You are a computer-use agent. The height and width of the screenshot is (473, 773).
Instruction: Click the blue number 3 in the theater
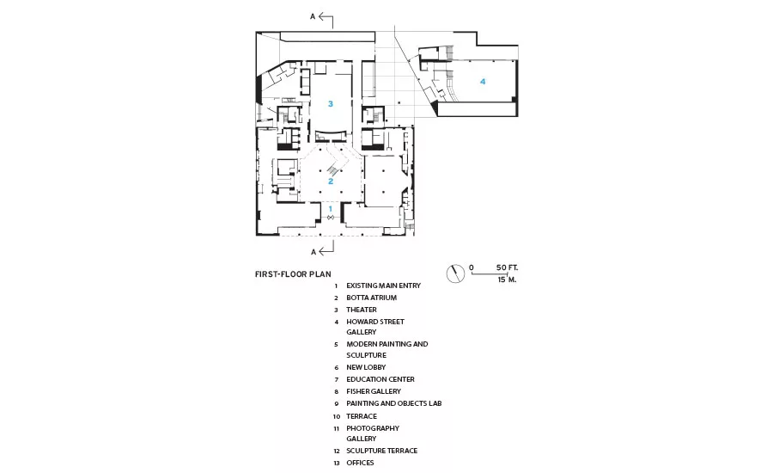tap(331, 104)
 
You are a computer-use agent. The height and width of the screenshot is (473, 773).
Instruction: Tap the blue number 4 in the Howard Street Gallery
tap(483, 82)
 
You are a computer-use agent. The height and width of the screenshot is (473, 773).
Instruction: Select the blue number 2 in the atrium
tap(331, 181)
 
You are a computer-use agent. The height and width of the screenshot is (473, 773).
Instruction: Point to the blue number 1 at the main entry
tap(331, 209)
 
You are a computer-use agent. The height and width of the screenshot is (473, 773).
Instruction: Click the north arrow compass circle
tap(455, 273)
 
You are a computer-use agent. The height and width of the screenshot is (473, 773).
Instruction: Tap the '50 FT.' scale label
tap(507, 267)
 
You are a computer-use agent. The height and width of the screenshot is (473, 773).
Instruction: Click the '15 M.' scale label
tap(507, 279)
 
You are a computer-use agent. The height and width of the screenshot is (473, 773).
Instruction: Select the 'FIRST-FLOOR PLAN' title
tap(293, 274)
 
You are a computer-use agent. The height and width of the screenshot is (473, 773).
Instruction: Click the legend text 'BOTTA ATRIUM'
tap(371, 298)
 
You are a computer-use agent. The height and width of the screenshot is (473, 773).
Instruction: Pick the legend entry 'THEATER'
tap(362, 310)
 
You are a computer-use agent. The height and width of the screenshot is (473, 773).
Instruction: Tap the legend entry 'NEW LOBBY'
tap(366, 367)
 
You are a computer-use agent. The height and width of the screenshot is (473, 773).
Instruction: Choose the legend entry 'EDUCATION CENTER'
tap(380, 379)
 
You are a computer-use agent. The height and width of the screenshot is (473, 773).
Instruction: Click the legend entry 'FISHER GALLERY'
tap(374, 391)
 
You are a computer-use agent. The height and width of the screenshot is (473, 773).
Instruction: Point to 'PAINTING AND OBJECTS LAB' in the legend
tap(394, 403)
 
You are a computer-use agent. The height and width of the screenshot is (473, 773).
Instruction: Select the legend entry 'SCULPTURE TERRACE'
tap(381, 451)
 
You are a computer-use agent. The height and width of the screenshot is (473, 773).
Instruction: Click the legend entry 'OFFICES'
tap(360, 463)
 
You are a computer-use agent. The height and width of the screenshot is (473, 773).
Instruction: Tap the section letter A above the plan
tap(313, 17)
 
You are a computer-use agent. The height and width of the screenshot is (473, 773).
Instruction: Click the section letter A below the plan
tap(313, 252)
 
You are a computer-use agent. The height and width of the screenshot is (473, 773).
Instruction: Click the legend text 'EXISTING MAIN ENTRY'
tap(384, 286)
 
